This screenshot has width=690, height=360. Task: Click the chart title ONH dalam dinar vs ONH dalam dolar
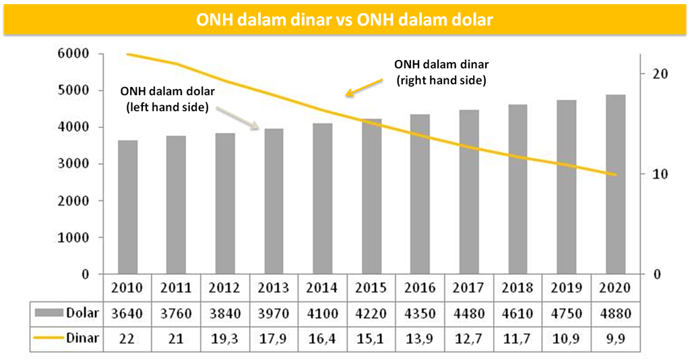(344, 20)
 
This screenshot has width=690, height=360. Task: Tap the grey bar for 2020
(615, 185)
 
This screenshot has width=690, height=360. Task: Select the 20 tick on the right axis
(660, 73)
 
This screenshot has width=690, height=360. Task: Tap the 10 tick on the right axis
(660, 174)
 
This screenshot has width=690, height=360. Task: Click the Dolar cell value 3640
(127, 313)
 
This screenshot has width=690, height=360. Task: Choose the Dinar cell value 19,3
(224, 338)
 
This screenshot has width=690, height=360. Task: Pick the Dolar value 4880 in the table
(615, 313)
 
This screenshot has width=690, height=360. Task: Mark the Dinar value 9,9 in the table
(615, 338)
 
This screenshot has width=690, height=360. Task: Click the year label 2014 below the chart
(322, 288)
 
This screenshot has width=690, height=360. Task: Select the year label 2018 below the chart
(517, 288)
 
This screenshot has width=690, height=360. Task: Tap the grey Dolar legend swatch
(49, 313)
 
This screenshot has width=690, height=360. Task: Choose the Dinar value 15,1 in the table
(371, 338)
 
